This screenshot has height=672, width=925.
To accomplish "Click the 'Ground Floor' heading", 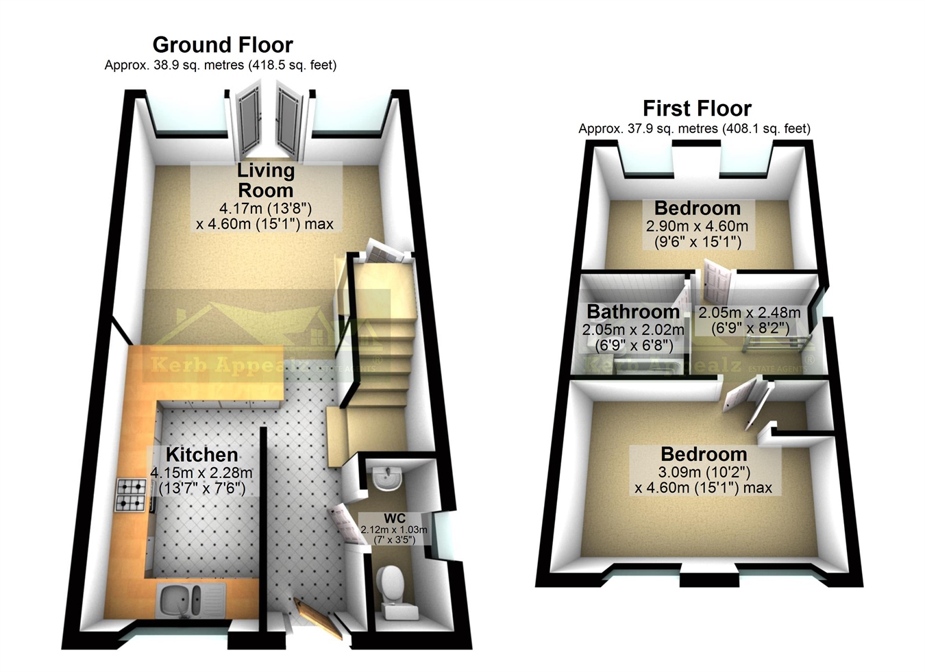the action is point(223,45).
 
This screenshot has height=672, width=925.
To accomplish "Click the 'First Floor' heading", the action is point(697,108).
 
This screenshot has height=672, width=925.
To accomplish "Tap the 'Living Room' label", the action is point(265,180).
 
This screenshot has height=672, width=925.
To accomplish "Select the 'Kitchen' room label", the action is point(201,454).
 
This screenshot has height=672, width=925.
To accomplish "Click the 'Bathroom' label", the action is point(632,312).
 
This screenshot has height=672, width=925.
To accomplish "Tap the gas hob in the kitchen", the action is point(132,496).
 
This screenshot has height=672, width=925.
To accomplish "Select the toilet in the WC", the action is point(393,581).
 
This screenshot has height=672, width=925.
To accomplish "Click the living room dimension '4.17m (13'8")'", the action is point(265,208).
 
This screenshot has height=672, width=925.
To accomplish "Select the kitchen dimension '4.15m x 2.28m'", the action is point(201,472).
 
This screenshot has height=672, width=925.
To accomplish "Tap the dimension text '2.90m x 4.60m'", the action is point(697,226).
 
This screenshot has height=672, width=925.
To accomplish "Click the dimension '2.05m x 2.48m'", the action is point(749,313).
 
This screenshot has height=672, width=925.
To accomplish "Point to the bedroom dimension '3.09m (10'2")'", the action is point(704,472).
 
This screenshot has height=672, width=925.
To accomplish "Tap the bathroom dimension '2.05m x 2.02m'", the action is point(632,329).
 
